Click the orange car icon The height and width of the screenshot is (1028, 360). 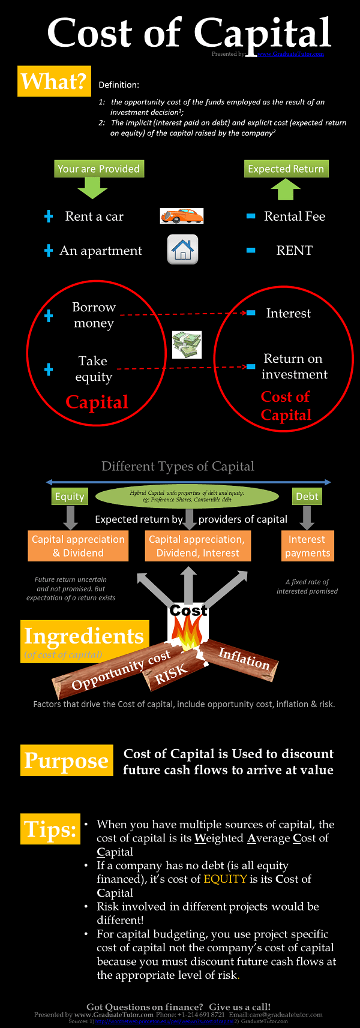click(x=182, y=216)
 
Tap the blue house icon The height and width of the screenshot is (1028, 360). click(x=182, y=250)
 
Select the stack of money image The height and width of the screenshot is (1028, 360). click(x=187, y=345)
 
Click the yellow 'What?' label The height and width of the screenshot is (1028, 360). click(x=54, y=82)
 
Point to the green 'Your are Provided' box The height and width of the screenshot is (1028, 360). click(x=98, y=169)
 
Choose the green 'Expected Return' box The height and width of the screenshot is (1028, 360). click(x=286, y=169)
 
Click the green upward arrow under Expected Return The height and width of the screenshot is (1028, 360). click(x=286, y=190)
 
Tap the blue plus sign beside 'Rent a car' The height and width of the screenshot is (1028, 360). click(x=49, y=217)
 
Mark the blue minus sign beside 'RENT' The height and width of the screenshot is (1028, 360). click(x=251, y=250)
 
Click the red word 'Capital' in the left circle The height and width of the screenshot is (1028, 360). click(x=97, y=402)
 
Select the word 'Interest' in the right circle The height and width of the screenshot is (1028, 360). click(x=289, y=313)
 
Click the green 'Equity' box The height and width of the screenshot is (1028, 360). click(x=70, y=497)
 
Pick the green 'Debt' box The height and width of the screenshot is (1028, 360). click(x=307, y=497)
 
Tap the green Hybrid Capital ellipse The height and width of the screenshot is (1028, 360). click(x=187, y=496)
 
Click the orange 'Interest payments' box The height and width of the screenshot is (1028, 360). click(x=307, y=546)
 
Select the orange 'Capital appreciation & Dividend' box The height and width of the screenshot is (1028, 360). click(x=78, y=546)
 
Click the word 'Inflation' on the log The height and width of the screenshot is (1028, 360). click(x=244, y=659)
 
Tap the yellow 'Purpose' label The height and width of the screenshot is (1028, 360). click(x=67, y=761)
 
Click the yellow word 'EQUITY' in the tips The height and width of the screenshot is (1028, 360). click(x=225, y=879)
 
